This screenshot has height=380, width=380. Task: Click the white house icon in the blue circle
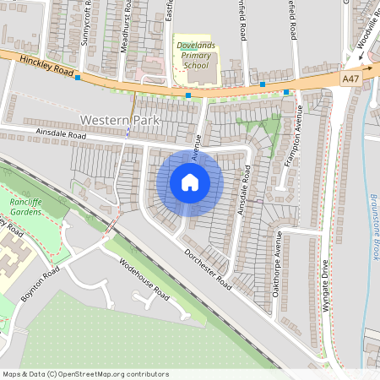190,182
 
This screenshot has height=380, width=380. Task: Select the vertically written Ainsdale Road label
245,189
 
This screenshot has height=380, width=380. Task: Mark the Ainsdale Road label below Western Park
62,134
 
